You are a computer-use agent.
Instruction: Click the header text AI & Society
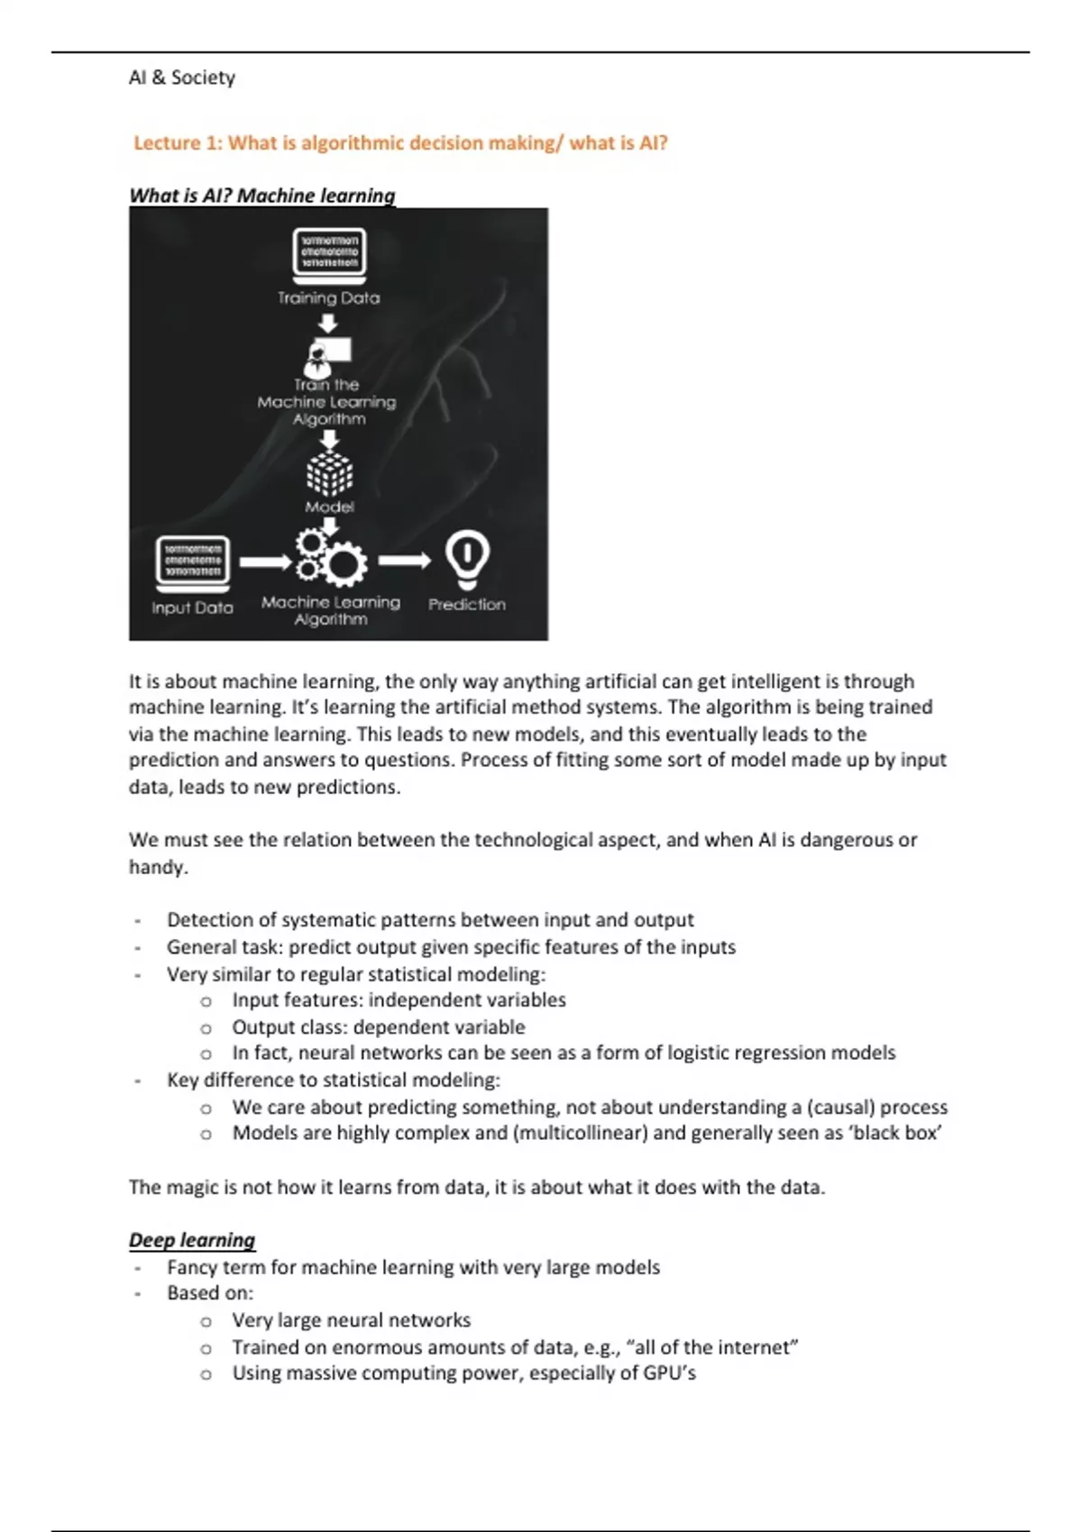[181, 78]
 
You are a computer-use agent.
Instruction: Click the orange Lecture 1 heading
[399, 143]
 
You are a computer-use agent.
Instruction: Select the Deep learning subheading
[192, 1240]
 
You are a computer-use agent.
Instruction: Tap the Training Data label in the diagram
[328, 298]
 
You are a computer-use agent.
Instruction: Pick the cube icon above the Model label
[330, 474]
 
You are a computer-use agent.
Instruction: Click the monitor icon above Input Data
[192, 561]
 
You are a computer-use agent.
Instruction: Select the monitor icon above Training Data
[329, 252]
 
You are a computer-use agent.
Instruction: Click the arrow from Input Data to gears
[265, 562]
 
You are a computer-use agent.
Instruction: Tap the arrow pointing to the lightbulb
[405, 561]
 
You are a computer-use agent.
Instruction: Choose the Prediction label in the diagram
[467, 605]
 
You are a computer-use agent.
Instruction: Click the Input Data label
[192, 608]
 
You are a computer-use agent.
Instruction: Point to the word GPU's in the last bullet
[669, 1373]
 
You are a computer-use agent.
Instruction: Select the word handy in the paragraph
[157, 867]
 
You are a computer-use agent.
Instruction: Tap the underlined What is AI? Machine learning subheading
[262, 196]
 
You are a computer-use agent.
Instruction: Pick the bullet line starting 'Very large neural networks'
[351, 1320]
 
